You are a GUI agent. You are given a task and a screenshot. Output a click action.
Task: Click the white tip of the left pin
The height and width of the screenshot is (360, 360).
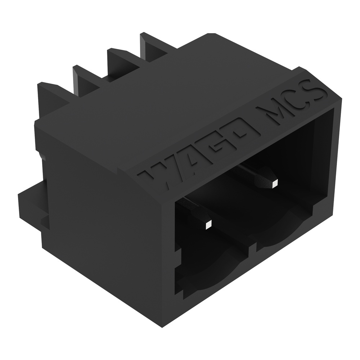[208, 225]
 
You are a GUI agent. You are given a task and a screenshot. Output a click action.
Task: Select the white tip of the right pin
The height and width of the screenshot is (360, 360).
[275, 184]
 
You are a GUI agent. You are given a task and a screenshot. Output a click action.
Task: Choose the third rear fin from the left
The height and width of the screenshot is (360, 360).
[119, 59]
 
